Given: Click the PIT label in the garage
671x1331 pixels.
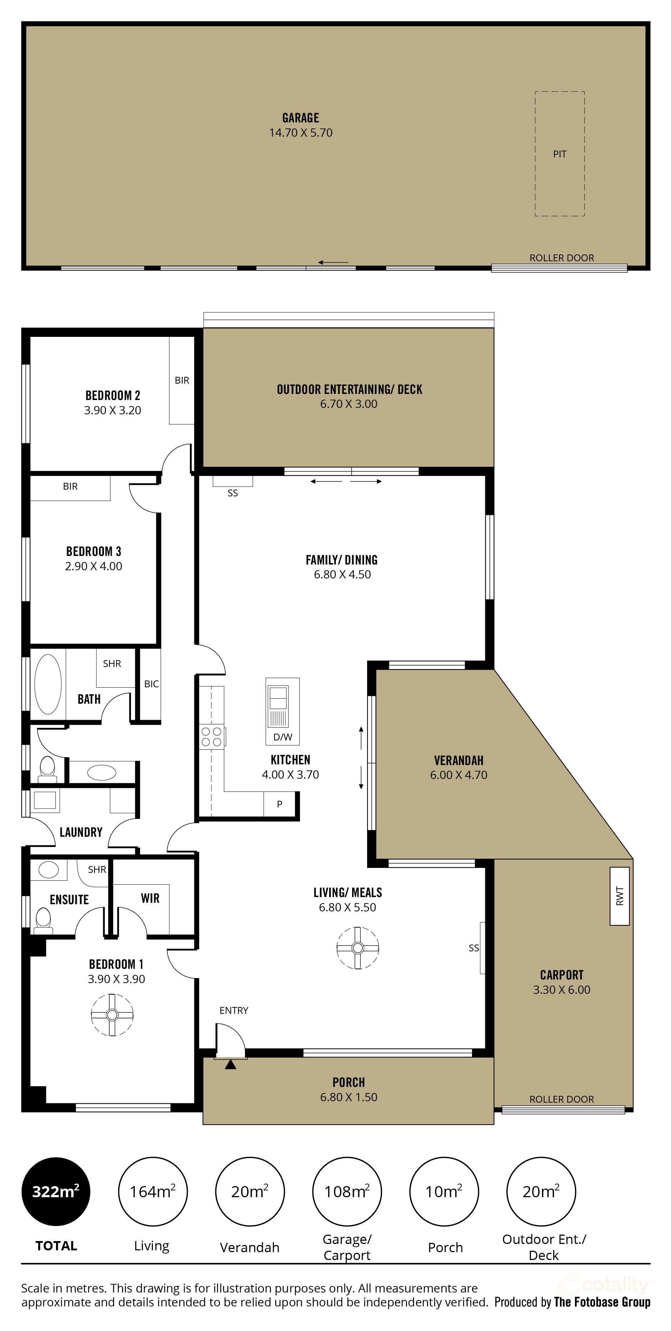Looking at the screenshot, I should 559,154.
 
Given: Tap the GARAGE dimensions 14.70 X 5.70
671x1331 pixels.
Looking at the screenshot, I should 300,133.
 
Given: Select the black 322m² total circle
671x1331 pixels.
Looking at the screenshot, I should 55,1191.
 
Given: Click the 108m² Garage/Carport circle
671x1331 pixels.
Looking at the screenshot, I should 347,1191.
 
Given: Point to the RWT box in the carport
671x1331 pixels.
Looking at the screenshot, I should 619,896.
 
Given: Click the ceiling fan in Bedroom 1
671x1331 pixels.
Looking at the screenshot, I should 112,1015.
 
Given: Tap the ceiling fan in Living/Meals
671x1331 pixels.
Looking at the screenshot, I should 357,948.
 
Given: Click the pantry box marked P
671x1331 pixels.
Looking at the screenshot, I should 280,804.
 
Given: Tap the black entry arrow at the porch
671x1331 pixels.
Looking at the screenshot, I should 231,1064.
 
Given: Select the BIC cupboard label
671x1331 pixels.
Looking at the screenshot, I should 151,684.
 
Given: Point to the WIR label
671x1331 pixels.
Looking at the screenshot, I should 150,898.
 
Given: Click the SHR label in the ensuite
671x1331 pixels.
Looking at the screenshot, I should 97,870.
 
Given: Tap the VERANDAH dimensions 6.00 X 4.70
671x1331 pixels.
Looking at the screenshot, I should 459,775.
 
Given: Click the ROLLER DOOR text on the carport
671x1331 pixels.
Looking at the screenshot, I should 561,1099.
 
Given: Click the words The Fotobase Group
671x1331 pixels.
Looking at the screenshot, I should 602,1302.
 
